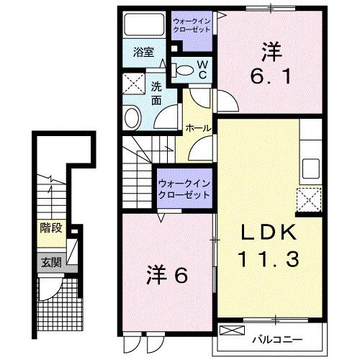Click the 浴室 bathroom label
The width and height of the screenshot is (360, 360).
tap(144, 52)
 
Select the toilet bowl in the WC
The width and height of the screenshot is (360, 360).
tap(185, 71)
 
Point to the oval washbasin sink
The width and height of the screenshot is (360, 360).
tap(133, 117)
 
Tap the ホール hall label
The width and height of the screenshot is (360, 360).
tap(198, 127)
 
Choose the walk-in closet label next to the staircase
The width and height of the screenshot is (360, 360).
tap(184, 189)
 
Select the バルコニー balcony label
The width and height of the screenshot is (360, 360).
tap(277, 338)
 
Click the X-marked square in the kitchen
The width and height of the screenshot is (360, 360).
tap(309, 197)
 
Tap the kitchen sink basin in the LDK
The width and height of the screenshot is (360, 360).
tap(311, 168)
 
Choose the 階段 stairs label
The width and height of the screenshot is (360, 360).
tap(50, 229)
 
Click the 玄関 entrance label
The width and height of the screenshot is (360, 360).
tap(50, 262)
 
